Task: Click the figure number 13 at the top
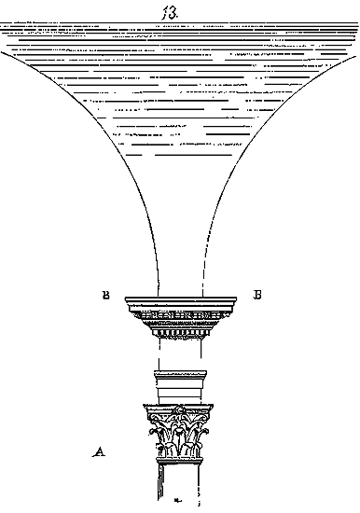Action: point(170,13)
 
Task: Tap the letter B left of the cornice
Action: point(105,295)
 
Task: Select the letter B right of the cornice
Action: point(257,295)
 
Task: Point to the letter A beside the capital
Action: point(99,451)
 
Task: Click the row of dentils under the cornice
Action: point(180,333)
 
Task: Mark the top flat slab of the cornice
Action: point(181,299)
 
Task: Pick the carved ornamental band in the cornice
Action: point(181,315)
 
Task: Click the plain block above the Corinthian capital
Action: point(180,388)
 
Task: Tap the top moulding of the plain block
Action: point(180,374)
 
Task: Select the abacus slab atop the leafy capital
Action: point(178,409)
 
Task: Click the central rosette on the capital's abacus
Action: point(179,409)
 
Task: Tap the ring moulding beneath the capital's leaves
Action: point(179,461)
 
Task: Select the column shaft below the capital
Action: point(179,482)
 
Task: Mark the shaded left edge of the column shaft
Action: point(160,482)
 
